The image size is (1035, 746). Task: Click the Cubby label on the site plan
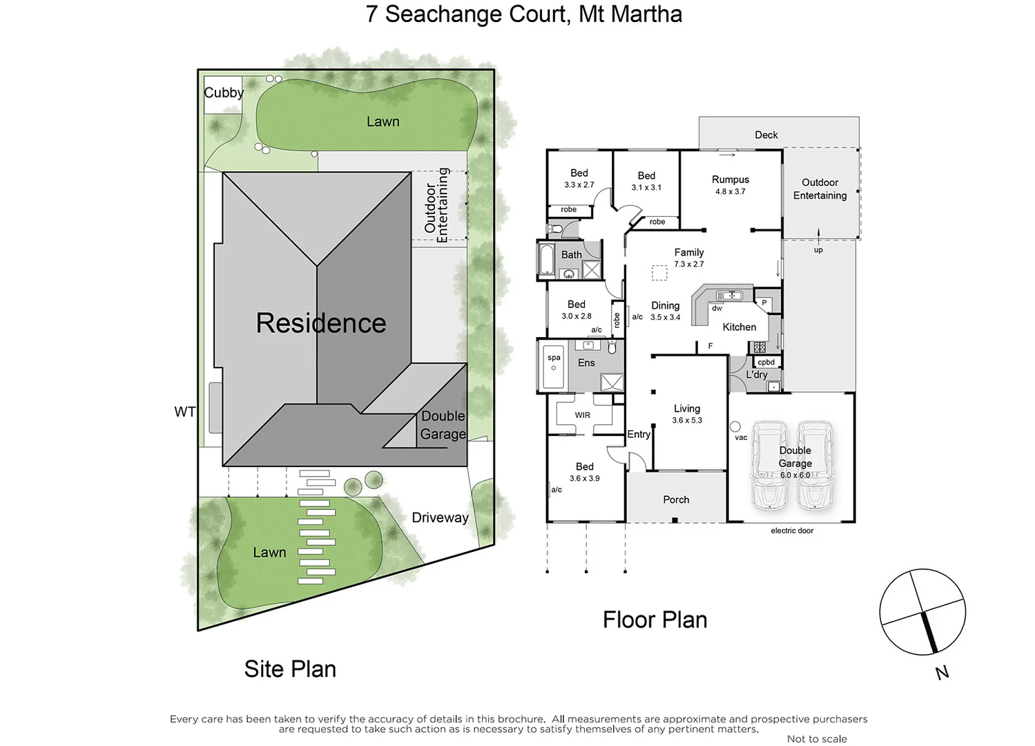pos(223,93)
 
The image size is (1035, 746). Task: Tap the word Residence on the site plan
pos(320,323)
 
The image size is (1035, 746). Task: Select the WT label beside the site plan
pos(184,412)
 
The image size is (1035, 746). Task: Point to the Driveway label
pos(440,517)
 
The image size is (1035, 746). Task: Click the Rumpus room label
pos(730,180)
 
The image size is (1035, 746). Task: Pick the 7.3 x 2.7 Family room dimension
pos(688,264)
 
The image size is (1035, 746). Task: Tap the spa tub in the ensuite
pos(553,368)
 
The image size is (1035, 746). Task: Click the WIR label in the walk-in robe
pos(582,415)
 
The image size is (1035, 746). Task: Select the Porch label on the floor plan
pos(675,499)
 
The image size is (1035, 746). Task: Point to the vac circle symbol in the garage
pos(735,427)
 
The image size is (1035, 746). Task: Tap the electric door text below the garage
pos(791,530)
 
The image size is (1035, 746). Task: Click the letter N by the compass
pos(942,672)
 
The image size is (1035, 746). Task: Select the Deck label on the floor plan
pos(766,135)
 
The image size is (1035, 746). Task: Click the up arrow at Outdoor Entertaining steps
pos(818,235)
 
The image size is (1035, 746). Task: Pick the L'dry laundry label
pos(756,374)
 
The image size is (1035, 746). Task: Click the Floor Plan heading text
pos(655,620)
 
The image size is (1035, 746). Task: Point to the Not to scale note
pos(816,739)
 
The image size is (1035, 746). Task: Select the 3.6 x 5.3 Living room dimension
pos(686,420)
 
